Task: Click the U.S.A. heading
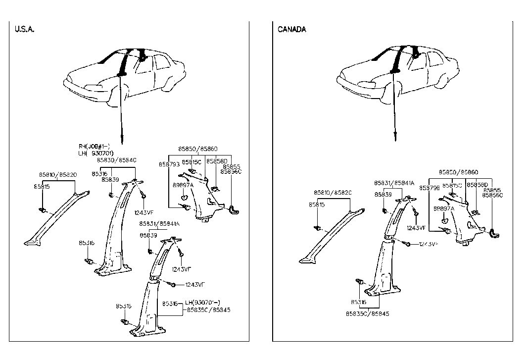click(24, 29)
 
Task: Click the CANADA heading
click(292, 29)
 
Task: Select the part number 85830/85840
click(117, 160)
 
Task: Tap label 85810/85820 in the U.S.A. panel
click(57, 174)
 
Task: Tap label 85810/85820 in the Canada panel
click(333, 192)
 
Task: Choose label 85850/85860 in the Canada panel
click(458, 172)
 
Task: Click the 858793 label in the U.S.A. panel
click(169, 163)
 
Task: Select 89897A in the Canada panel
click(444, 208)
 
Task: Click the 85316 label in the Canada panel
click(359, 302)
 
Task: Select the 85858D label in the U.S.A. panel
click(216, 161)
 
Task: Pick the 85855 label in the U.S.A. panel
click(232, 166)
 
